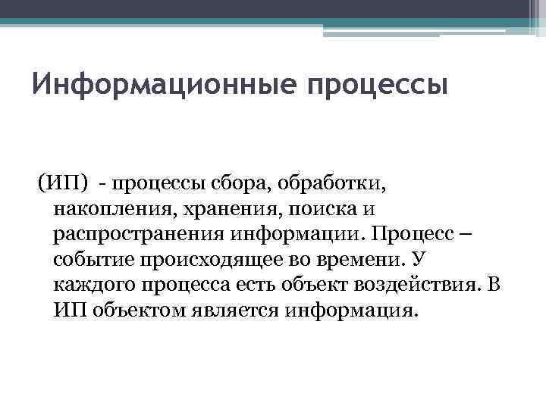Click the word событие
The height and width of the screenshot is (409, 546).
point(93,260)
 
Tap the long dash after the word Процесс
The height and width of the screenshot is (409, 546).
point(464,234)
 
